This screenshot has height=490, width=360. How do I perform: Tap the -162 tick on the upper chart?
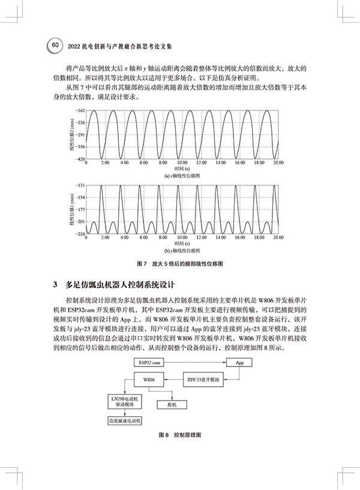[80, 111]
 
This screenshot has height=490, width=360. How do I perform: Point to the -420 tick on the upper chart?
[80, 158]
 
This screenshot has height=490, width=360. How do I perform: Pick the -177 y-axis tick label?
[80, 210]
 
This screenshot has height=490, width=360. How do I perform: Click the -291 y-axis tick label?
[80, 135]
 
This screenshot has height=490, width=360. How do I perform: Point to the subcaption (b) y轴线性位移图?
[178, 250]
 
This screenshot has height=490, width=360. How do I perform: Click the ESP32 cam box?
[150, 363]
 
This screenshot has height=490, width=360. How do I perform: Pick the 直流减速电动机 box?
[124, 422]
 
